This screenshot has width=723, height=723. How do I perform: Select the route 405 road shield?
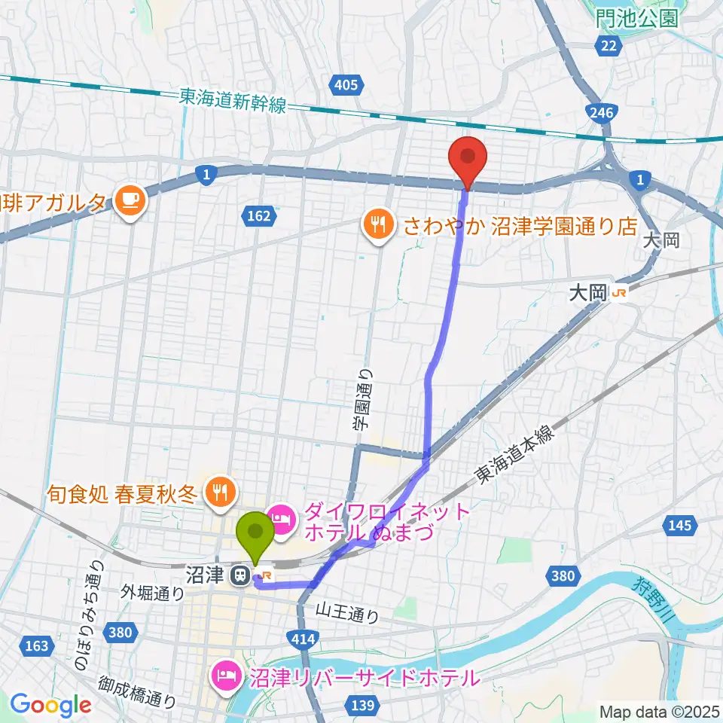pyautogui.click(x=346, y=85)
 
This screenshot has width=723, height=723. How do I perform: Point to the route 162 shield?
pyautogui.click(x=258, y=216)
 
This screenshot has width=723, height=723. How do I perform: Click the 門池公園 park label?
pyautogui.click(x=636, y=19)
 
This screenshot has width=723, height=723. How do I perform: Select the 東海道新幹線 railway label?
pyautogui.click(x=233, y=100)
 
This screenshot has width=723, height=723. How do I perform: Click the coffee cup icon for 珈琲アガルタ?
pyautogui.click(x=130, y=200)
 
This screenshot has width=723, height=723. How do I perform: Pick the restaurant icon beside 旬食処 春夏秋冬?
pyautogui.click(x=219, y=494)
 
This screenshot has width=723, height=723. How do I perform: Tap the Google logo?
pyautogui.click(x=50, y=706)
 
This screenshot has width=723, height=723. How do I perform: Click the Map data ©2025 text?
pyautogui.click(x=659, y=711)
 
